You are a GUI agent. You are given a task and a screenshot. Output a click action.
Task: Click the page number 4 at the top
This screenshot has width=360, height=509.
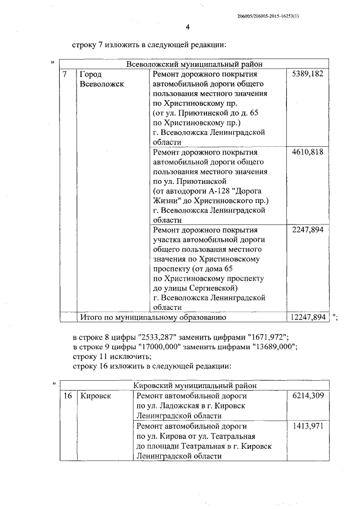[x=188, y=27]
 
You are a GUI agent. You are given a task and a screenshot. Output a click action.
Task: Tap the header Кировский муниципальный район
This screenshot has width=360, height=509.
[x=195, y=386]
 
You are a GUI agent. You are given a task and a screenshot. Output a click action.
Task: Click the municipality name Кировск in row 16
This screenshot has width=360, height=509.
[x=96, y=396]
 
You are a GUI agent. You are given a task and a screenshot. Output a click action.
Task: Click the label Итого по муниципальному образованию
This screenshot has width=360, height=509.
[x=153, y=317]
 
